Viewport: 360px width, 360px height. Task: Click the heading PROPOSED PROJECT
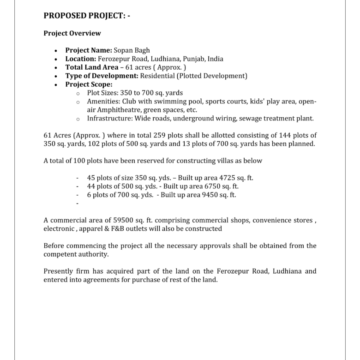pos(87,16)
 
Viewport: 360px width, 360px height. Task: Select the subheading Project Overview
pos(72,33)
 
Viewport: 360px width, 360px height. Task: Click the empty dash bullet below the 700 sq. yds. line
pos(78,203)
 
